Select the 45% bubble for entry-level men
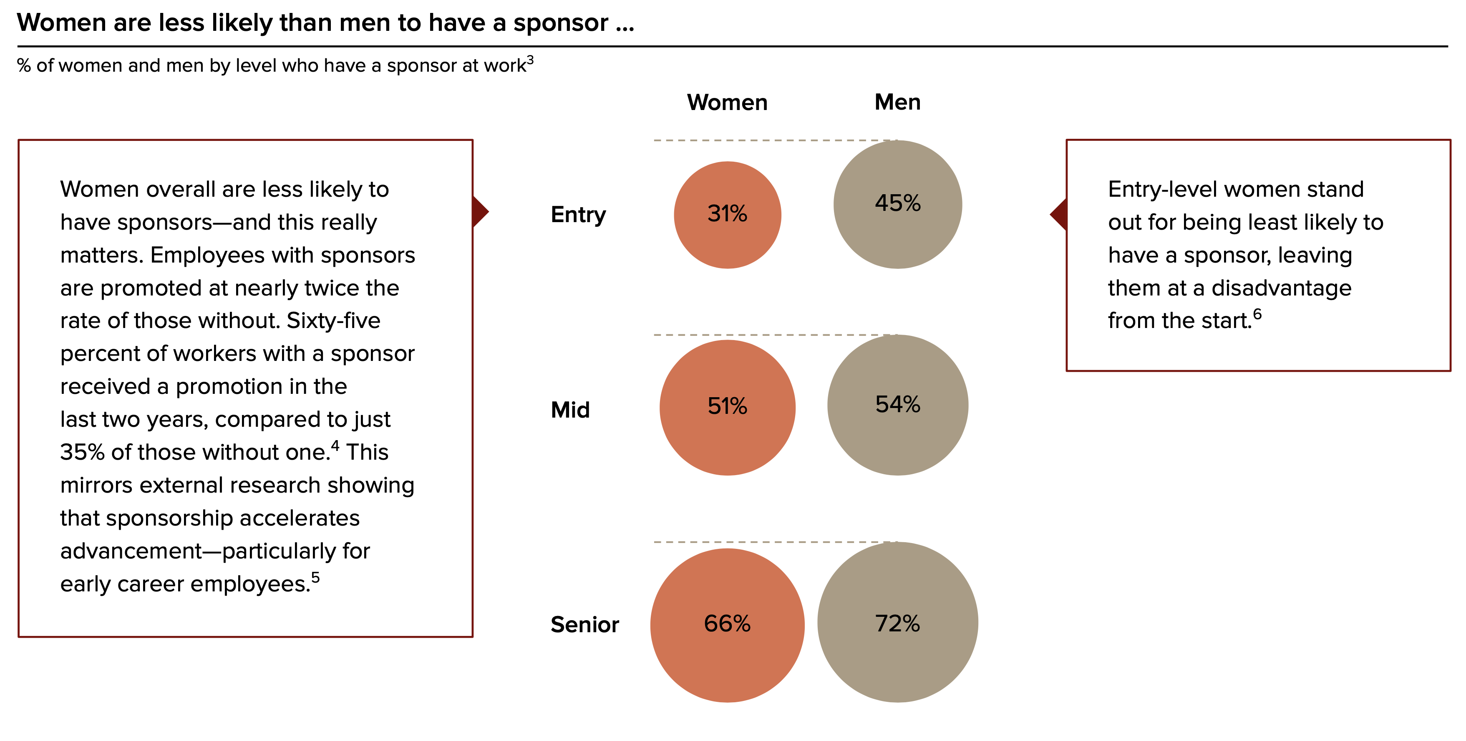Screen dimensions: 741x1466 click(897, 204)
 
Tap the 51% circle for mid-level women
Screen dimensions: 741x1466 click(727, 407)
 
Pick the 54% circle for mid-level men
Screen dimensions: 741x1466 click(897, 405)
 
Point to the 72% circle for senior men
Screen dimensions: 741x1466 click(897, 622)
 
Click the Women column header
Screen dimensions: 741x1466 click(727, 103)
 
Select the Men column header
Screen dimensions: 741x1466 click(897, 103)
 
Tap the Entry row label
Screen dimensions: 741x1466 click(578, 215)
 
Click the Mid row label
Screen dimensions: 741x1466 click(570, 409)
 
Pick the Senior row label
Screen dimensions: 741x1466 click(584, 624)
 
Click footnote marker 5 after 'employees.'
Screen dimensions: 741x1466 click(315, 577)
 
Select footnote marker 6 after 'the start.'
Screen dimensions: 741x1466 click(1257, 314)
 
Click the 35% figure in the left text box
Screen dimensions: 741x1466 click(83, 453)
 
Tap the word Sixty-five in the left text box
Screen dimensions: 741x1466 click(333, 321)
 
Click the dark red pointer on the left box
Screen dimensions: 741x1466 click(480, 212)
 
